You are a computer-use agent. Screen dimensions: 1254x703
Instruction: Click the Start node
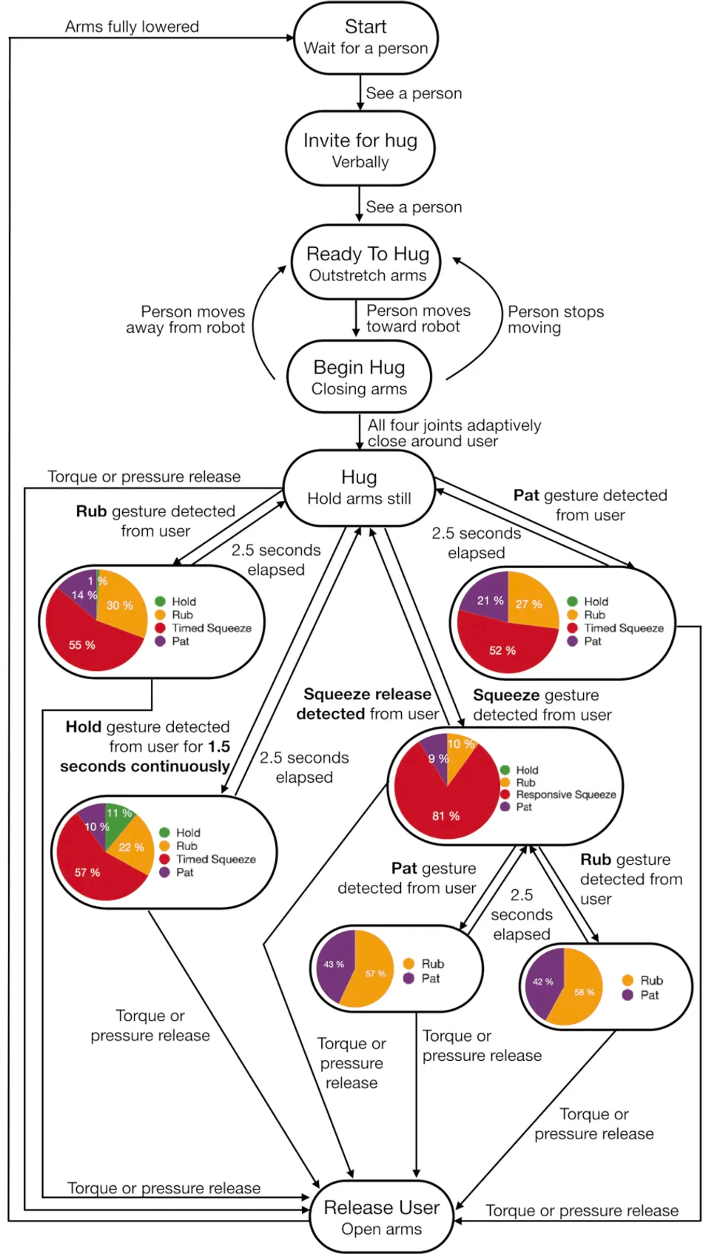366,38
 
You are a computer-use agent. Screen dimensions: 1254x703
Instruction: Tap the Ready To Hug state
367,263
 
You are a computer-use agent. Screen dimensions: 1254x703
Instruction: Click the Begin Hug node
359,377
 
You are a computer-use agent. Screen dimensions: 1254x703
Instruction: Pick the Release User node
381,1217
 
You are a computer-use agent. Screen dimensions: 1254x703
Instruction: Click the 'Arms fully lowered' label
132,27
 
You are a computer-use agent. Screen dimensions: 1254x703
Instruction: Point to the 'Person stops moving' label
555,320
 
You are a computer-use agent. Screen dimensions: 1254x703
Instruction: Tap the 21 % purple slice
489,600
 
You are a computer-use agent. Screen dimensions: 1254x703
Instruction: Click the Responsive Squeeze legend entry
565,795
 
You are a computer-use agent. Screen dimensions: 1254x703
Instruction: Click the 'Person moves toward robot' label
417,319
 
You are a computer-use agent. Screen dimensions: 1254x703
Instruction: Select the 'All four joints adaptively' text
454,425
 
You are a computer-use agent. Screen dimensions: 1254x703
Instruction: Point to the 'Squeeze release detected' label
368,704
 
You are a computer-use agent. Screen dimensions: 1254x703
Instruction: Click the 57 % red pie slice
88,872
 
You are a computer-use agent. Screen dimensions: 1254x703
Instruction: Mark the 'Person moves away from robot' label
186,320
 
